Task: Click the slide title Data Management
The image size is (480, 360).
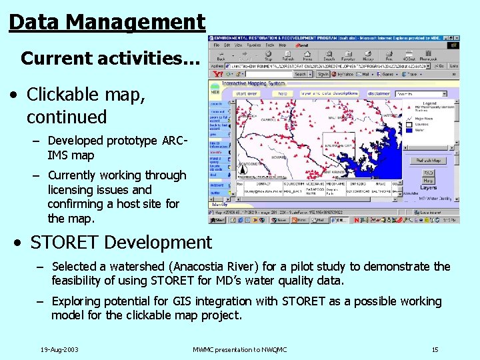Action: (107, 21)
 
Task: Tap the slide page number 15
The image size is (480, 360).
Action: (435, 349)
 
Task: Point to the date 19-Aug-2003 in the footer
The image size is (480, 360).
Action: (59, 349)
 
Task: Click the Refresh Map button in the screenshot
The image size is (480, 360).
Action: (428, 161)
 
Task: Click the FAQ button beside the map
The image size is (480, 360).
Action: (428, 173)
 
